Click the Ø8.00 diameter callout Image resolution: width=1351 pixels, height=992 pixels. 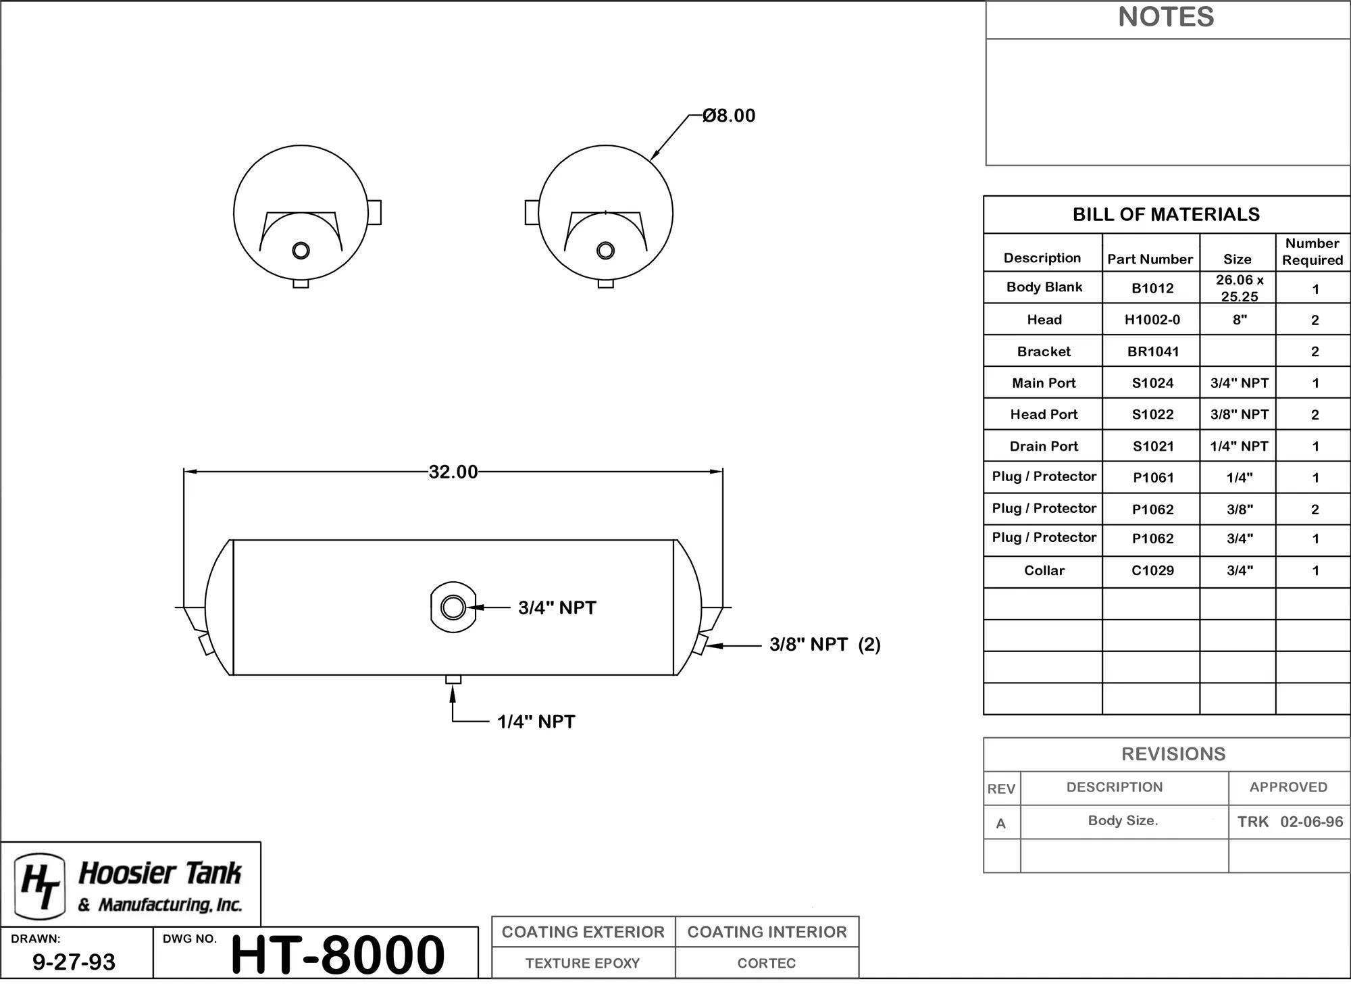[729, 116]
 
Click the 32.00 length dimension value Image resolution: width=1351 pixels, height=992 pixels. [453, 472]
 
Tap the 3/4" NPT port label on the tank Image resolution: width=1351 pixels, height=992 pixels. [557, 607]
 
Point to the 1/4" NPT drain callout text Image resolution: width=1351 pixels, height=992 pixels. [536, 722]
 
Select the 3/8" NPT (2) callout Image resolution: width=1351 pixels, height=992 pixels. [825, 644]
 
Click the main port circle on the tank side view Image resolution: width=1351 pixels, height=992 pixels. [453, 607]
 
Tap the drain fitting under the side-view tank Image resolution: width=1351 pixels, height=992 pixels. [453, 679]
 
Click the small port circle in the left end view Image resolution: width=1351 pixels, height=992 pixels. [301, 251]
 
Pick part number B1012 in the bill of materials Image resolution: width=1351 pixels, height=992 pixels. [1152, 289]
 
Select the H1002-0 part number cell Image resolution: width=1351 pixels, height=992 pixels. [1152, 320]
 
